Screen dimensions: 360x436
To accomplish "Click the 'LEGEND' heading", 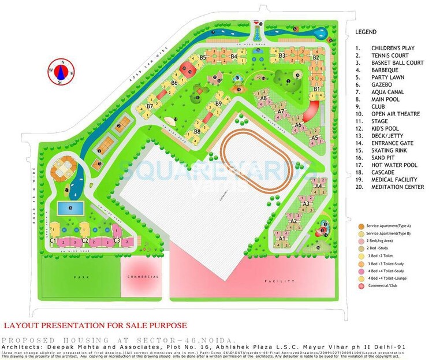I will tap(366, 32).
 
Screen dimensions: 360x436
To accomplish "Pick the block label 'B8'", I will tap(197, 132).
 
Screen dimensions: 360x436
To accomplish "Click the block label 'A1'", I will tap(282, 238).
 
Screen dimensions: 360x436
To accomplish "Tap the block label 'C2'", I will tap(84, 240).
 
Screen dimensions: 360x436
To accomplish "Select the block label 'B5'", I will tap(203, 58).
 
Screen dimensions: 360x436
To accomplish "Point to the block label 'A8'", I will tap(263, 99).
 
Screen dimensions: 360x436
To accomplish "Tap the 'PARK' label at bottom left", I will tap(81, 277).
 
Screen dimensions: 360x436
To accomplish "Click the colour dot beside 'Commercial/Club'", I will tap(361, 286).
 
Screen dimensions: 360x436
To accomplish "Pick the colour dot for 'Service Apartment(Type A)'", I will tap(361, 225).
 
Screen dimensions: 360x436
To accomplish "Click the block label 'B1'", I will tap(317, 88).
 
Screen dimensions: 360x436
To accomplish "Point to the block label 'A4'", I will tap(318, 185).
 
